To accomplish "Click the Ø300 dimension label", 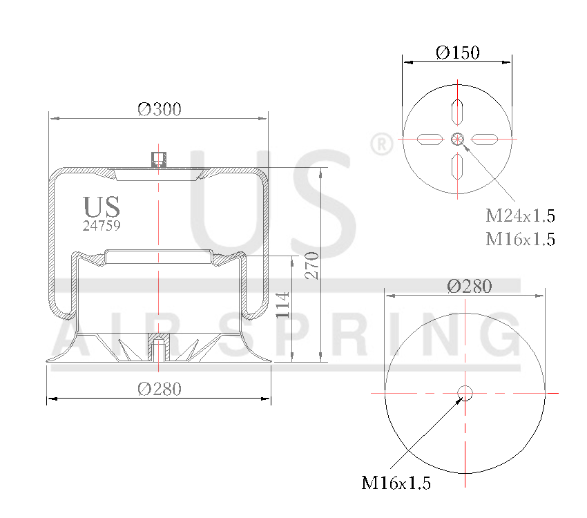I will [159, 109].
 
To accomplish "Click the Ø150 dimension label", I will [457, 52].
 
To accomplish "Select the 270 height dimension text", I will [311, 265].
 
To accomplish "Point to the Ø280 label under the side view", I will [159, 389].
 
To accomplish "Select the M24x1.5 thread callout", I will [520, 215].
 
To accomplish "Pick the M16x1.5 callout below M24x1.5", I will [520, 239].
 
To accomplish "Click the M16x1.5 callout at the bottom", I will [396, 483].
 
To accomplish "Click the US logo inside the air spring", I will [102, 207].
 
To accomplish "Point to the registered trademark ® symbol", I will [381, 144].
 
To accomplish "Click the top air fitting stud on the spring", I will [158, 159].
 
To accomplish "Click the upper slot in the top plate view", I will [457, 111].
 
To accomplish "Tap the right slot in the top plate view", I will [485, 140].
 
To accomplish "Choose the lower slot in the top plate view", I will [457, 167].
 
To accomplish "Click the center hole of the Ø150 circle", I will [457, 140].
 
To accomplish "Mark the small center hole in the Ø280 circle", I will [465, 392].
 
